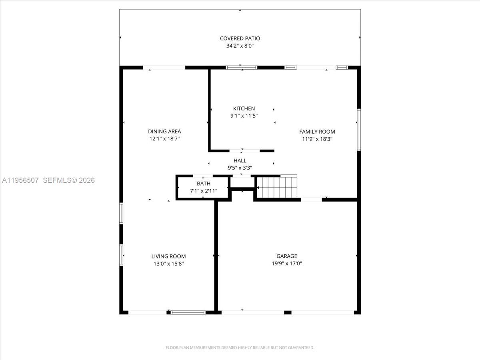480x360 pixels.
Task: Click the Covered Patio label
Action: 240,38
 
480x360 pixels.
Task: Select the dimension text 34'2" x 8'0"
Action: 240,46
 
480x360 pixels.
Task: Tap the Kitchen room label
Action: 244,108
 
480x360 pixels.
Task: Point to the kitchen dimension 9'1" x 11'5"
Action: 244,116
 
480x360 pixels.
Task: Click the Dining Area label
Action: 164,131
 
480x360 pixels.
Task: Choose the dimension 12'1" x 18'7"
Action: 164,139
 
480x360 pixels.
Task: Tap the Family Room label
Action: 317,132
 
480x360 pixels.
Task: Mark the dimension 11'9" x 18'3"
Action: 317,139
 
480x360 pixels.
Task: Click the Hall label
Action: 240,160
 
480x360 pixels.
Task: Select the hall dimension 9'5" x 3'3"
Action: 240,168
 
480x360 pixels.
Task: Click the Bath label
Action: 203,183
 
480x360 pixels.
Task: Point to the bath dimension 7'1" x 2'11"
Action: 203,191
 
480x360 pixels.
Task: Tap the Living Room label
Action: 168,256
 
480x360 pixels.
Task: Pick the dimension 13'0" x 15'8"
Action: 168,264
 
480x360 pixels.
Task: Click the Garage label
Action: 287,256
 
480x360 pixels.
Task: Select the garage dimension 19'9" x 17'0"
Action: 287,264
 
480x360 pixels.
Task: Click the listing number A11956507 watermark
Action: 20,180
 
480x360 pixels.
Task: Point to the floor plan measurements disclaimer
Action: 240,348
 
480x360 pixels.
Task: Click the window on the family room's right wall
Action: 359,130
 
